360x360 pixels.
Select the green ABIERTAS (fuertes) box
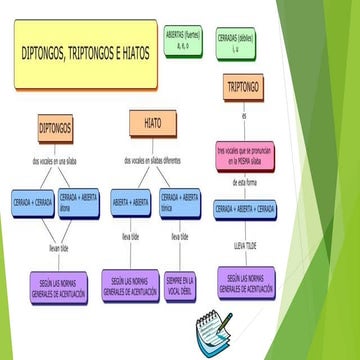(183, 41)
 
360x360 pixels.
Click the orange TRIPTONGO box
(243, 88)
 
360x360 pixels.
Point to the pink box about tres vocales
(243, 155)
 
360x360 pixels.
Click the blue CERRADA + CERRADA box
(34, 202)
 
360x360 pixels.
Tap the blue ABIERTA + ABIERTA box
(131, 202)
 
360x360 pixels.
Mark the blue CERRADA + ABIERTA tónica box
(181, 203)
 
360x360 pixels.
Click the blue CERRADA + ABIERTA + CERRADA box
(246, 210)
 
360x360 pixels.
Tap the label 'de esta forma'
(246, 182)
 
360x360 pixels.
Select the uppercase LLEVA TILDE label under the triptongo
(246, 244)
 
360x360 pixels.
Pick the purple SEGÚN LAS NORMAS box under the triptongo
(246, 281)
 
